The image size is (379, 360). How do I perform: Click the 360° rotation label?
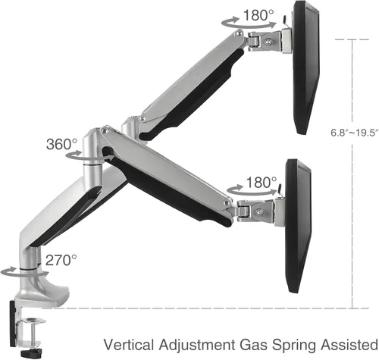coord(61,144)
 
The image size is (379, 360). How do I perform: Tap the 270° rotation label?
coord(61,260)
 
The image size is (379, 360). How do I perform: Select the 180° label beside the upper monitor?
coord(258,15)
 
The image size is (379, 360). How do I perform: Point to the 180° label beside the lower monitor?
coord(262,182)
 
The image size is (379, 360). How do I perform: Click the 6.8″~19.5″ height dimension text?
coord(355,133)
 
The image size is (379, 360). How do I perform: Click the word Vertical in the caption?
coord(129,345)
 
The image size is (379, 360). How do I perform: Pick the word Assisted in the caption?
coord(349,345)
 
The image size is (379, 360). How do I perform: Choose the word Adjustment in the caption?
coord(196,346)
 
